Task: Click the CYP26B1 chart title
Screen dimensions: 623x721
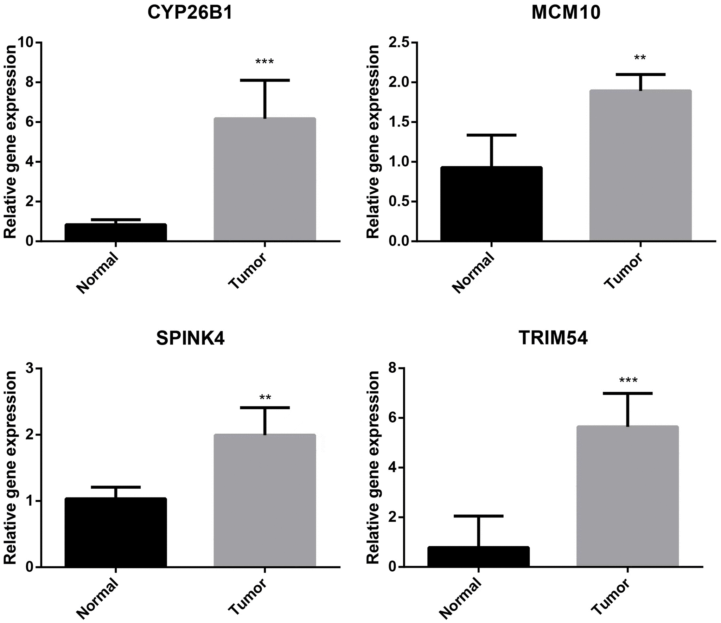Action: coord(190,13)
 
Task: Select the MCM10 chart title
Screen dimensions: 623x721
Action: coord(566,13)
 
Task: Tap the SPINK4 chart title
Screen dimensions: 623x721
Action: coord(190,339)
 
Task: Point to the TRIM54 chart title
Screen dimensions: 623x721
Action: coord(553,339)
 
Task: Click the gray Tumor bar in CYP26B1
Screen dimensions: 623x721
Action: coord(264,179)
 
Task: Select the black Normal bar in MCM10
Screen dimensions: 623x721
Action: coord(491,204)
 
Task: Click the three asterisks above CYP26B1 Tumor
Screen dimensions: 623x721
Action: coord(264,63)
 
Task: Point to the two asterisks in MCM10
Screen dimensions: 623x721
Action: coord(640,58)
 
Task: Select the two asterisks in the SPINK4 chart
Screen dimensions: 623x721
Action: coord(265,398)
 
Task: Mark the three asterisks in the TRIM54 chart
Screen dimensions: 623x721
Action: coord(628,381)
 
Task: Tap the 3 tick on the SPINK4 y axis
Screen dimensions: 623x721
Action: coord(30,368)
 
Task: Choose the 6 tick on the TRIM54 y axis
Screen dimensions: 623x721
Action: coord(393,418)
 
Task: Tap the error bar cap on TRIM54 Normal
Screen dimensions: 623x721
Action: coord(478,516)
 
